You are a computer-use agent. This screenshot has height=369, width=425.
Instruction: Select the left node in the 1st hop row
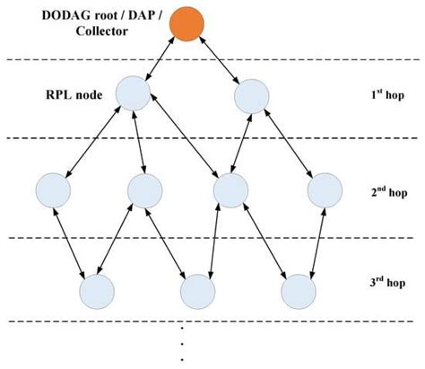point(132,94)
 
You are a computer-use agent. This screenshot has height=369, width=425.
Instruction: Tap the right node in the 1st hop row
point(251,97)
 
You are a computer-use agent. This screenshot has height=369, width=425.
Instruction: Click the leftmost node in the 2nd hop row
point(53,189)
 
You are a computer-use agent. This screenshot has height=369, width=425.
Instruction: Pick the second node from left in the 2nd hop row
point(145,189)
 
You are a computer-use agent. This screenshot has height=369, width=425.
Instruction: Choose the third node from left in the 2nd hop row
point(230,189)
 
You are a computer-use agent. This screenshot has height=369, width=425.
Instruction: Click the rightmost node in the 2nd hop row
point(325,189)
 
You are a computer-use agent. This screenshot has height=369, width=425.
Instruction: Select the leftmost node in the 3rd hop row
point(97,291)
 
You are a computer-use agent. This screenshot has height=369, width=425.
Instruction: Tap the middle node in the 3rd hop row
point(197,291)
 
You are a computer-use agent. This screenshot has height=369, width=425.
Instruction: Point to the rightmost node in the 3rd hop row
point(299,291)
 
